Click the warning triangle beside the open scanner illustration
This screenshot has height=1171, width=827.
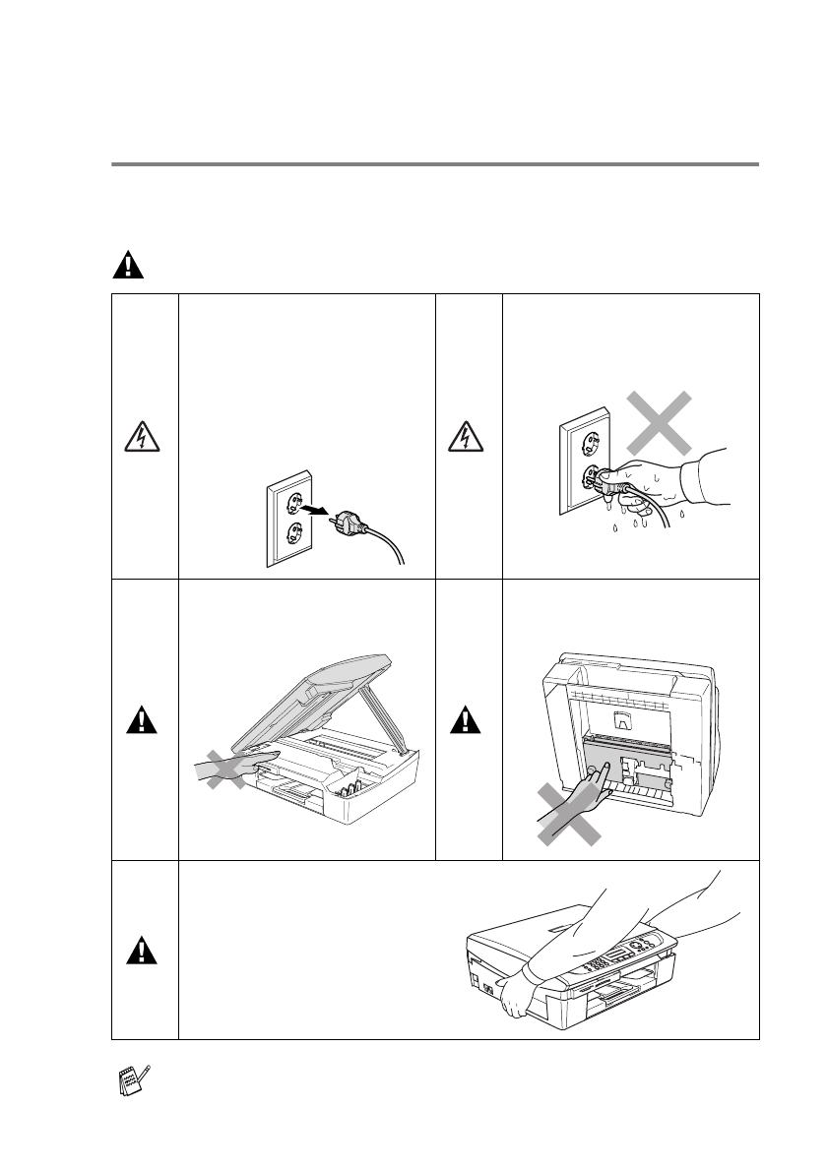click(144, 721)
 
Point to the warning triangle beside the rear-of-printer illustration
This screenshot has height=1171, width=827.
click(468, 721)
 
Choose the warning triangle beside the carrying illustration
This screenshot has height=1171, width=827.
click(144, 951)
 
